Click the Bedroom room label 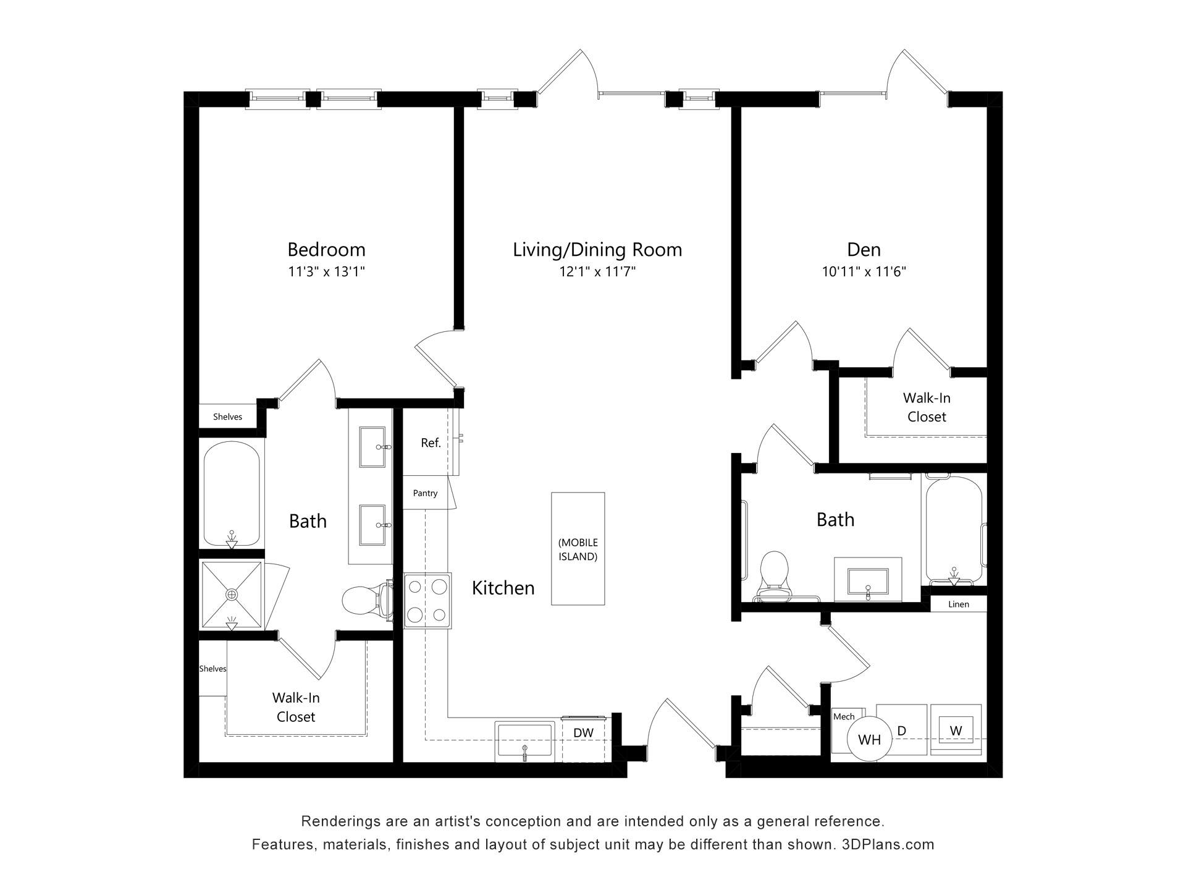(x=326, y=250)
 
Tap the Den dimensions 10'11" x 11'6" (x=864, y=271)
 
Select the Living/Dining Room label (x=597, y=250)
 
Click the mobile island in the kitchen (x=578, y=548)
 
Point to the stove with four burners (x=427, y=601)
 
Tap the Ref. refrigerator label (x=431, y=443)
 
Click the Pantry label (x=425, y=493)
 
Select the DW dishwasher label (x=583, y=733)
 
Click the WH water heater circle (x=870, y=739)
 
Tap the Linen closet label (x=959, y=604)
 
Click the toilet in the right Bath (x=774, y=575)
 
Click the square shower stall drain (x=232, y=595)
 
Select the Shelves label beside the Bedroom (x=227, y=417)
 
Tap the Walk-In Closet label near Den (x=927, y=407)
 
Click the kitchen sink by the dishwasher (x=525, y=740)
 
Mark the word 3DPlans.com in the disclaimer (x=888, y=844)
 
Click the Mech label (x=844, y=716)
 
